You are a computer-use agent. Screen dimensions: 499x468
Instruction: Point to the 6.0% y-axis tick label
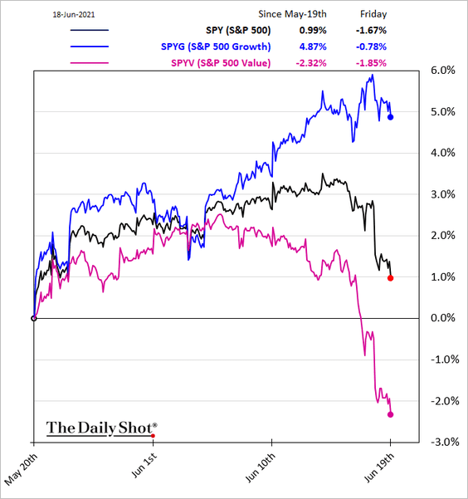(438, 71)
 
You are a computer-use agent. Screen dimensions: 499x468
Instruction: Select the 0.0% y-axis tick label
(438, 318)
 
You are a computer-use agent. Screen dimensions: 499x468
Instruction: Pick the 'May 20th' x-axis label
(23, 469)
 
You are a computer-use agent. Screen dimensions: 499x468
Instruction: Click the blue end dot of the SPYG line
(391, 117)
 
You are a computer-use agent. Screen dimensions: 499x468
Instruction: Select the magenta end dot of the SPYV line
(391, 414)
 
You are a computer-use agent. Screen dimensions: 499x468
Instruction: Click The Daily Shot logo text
(100, 428)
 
